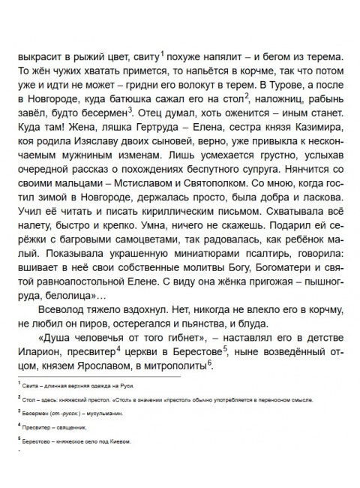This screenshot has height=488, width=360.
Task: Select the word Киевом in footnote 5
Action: (x=118, y=442)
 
